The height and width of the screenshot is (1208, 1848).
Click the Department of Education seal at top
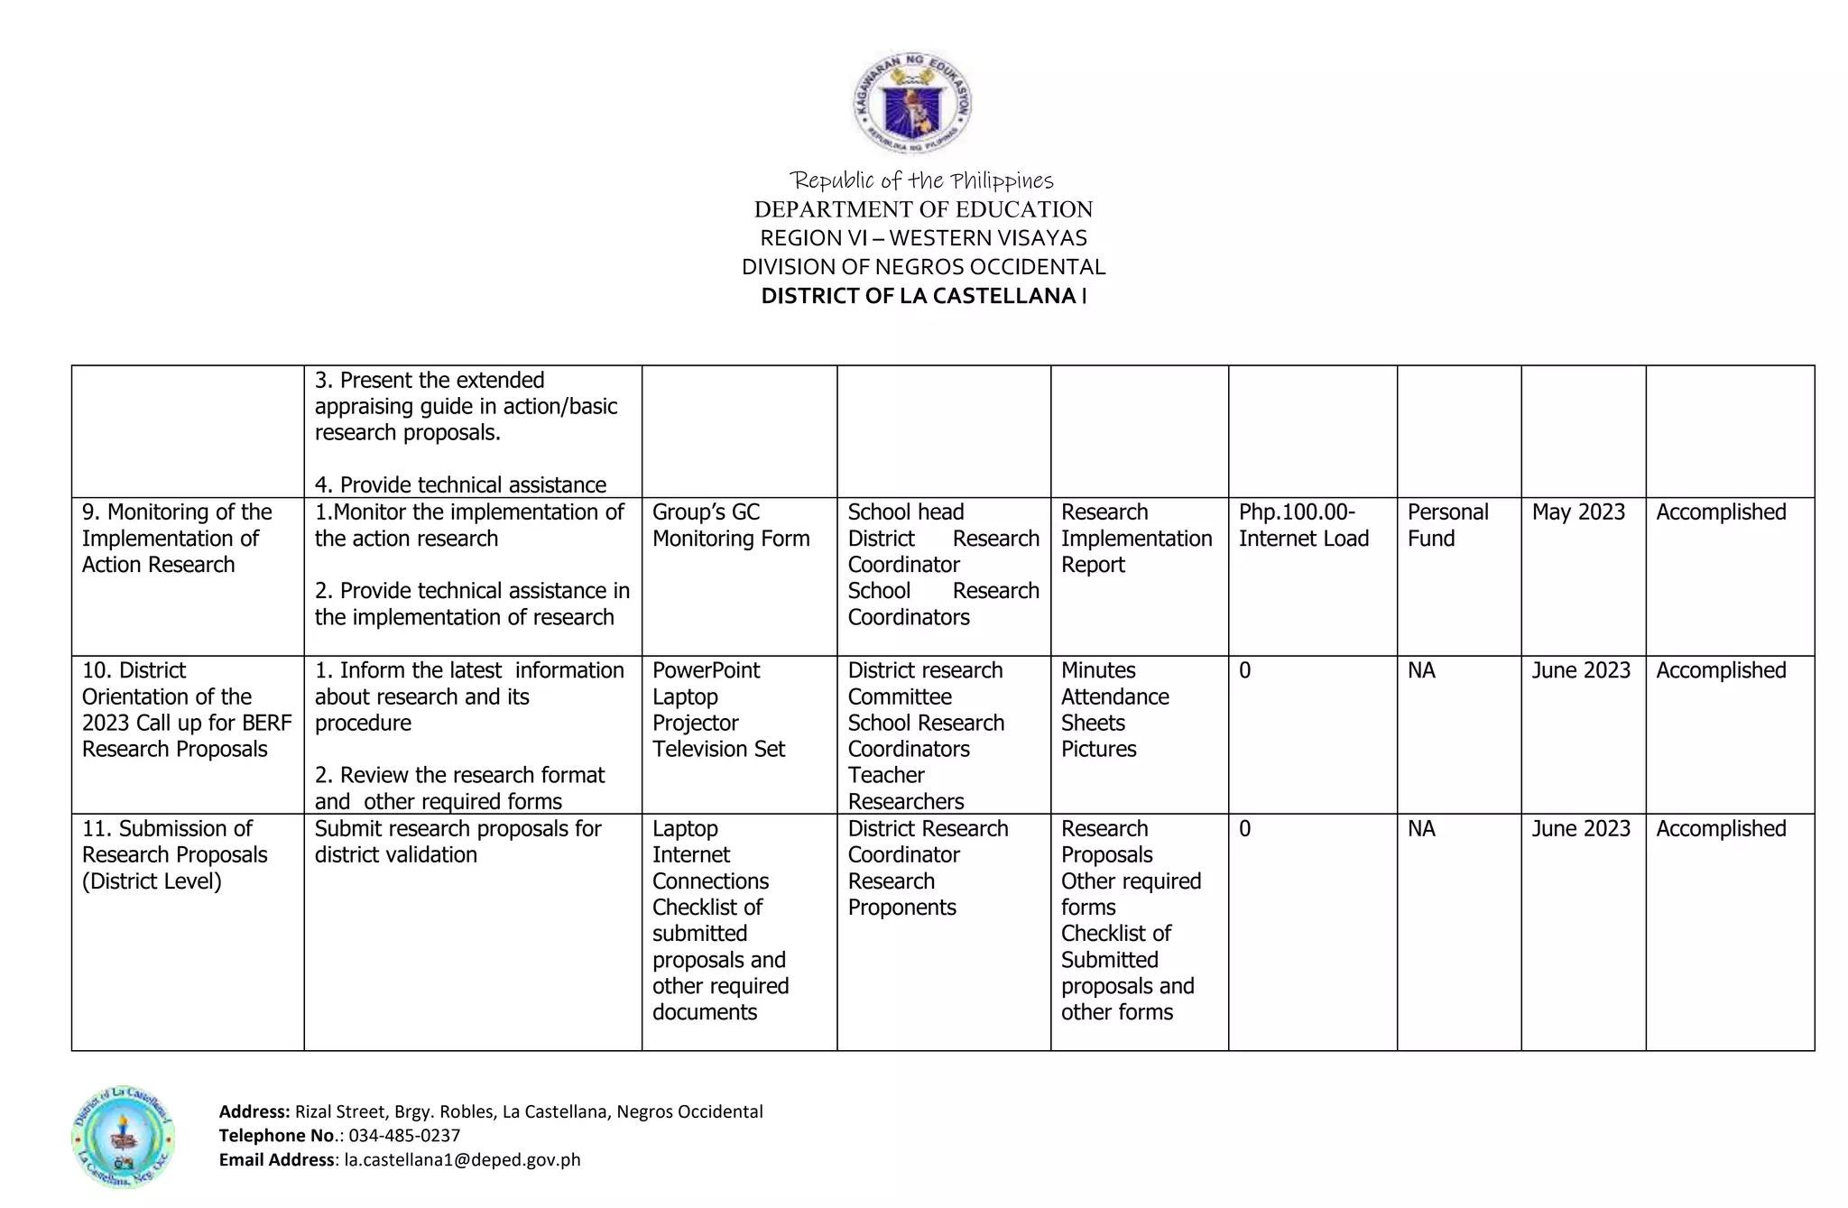[x=912, y=102]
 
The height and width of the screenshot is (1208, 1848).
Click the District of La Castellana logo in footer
[x=123, y=1136]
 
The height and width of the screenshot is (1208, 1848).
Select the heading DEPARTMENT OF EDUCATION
[x=923, y=209]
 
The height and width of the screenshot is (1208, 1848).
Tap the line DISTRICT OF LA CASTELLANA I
[x=923, y=296]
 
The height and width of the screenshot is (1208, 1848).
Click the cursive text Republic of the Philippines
[x=921, y=180]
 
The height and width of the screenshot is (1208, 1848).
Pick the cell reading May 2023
[x=1577, y=512]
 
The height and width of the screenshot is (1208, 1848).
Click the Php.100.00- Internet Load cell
[x=1303, y=525]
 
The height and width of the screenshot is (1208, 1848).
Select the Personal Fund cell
[x=1447, y=525]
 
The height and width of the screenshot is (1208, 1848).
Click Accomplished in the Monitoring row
[x=1720, y=512]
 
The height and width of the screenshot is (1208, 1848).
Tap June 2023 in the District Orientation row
[x=1580, y=670]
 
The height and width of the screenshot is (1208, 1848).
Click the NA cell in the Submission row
[x=1420, y=828]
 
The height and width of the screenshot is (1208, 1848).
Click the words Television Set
[x=718, y=749]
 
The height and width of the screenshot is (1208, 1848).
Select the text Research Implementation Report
[x=1135, y=539]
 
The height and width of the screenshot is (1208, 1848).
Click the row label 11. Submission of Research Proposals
[x=174, y=853]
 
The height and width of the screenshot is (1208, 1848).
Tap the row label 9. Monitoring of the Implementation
[x=176, y=538]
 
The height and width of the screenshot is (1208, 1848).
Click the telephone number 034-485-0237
[x=404, y=1135]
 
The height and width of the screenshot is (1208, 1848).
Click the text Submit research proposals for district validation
[x=457, y=841]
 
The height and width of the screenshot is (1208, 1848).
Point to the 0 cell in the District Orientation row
[x=1244, y=670]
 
